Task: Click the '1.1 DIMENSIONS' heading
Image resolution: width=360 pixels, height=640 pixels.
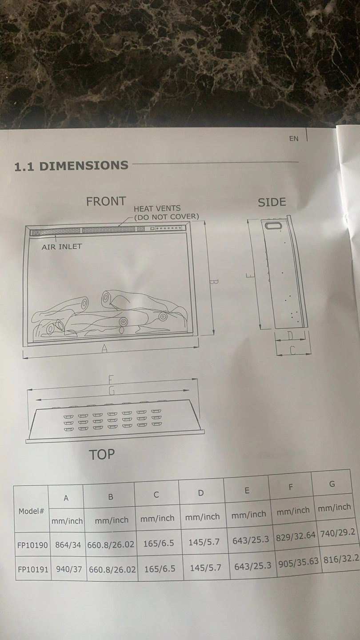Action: point(71,166)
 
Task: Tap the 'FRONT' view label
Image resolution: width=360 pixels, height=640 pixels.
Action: point(106,201)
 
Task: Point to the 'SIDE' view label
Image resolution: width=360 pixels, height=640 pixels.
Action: point(272,202)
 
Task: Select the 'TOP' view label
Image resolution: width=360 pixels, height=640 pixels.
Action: point(102,454)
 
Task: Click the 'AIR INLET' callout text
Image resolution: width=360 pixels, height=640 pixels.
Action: point(62,247)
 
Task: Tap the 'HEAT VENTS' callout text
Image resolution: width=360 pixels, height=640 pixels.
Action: point(157,208)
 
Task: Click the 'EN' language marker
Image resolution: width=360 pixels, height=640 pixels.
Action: point(294,139)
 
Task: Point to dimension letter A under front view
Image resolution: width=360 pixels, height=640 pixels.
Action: point(104,348)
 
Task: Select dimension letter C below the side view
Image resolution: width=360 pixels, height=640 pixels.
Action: point(292,350)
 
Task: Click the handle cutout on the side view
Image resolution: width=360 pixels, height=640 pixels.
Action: point(274,225)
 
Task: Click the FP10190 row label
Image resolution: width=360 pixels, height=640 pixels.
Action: point(32,545)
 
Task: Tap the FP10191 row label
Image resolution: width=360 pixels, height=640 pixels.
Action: point(33,569)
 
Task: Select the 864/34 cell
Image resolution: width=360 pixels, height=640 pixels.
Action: point(68,545)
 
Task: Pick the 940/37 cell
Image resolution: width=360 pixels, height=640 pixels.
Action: point(69,569)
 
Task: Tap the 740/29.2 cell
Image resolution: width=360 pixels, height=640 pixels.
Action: point(338,532)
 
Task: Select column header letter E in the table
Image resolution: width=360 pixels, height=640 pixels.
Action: point(247,491)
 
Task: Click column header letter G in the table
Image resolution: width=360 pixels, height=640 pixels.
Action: point(332,484)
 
